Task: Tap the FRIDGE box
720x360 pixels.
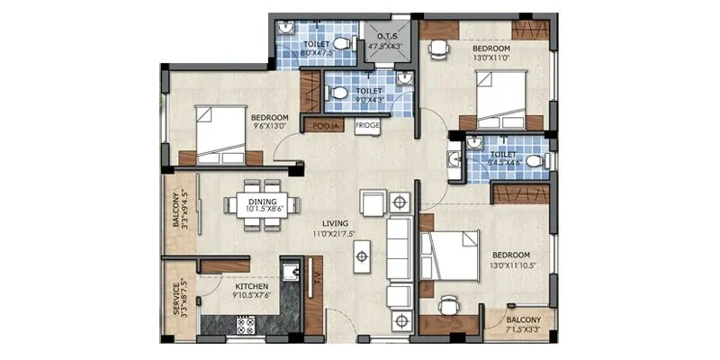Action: pyautogui.click(x=366, y=125)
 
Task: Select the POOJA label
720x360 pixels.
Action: pyautogui.click(x=324, y=126)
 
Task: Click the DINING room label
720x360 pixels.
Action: pyautogui.click(x=263, y=202)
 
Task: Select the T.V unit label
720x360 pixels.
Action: pyautogui.click(x=317, y=279)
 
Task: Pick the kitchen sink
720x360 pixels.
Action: pyautogui.click(x=290, y=272)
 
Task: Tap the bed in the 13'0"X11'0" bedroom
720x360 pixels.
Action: pyautogui.click(x=509, y=99)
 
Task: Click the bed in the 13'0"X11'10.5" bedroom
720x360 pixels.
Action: pyautogui.click(x=450, y=256)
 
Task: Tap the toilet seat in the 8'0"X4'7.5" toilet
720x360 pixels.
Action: pyautogui.click(x=342, y=43)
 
